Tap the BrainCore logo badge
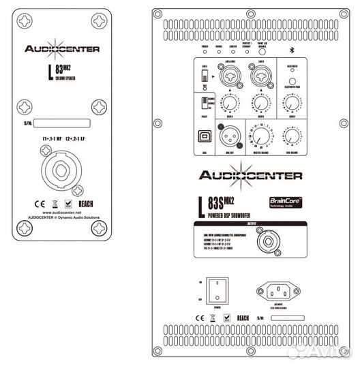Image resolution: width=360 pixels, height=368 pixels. pos(285,203)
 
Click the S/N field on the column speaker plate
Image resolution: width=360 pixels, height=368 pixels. pos(62,123)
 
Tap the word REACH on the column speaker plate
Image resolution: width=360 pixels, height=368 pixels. pos(87,203)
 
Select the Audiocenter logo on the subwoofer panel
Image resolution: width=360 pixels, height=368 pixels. pos(250,175)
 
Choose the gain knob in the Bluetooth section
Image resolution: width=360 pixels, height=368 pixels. pos(293,103)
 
